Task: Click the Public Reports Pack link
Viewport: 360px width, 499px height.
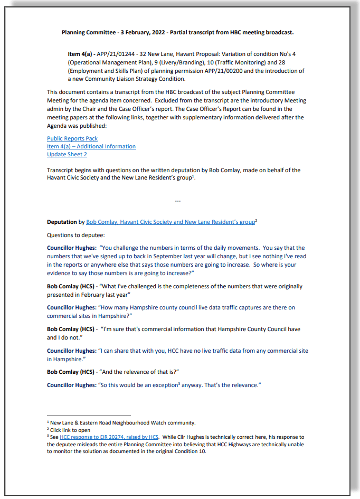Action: pyautogui.click(x=72, y=138)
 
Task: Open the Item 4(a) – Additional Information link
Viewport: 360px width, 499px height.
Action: pyautogui.click(x=91, y=146)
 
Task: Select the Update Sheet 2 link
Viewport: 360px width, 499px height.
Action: pyautogui.click(x=67, y=154)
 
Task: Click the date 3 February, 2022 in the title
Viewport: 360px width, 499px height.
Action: pyautogui.click(x=140, y=32)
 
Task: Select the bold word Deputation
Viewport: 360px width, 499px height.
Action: pyautogui.click(x=62, y=222)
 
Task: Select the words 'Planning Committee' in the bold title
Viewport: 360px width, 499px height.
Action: pyautogui.click(x=86, y=32)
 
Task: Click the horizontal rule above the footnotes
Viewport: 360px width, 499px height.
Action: pyautogui.click(x=89, y=416)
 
